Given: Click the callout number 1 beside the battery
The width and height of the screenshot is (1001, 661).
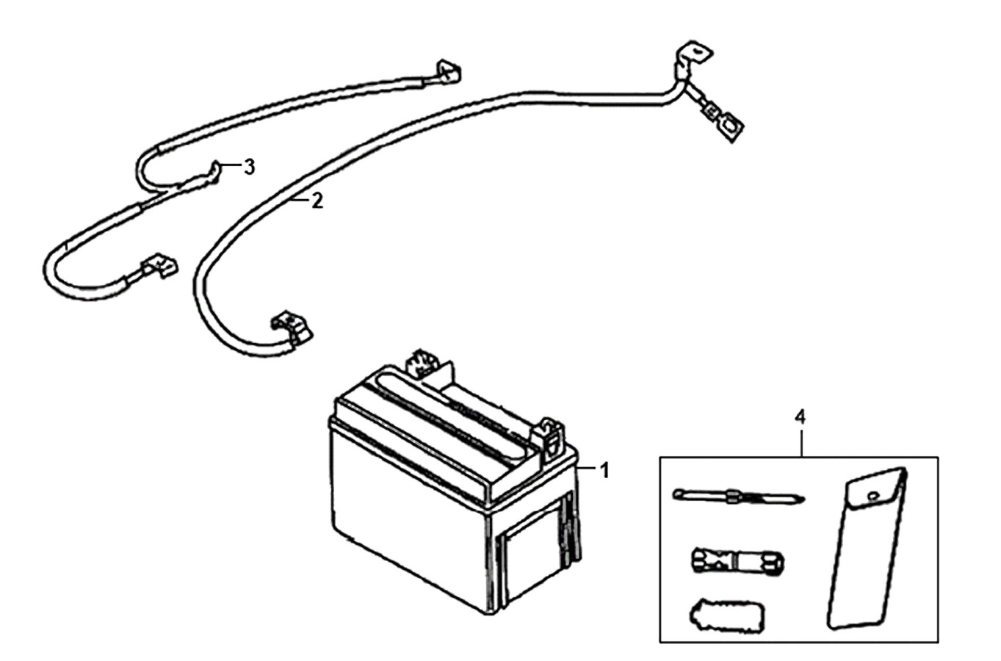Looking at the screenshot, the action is pos(604,471).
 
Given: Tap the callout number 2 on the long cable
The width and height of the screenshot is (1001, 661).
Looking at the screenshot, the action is pos(317,201).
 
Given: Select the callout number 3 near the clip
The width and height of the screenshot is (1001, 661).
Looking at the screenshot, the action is pos(250,167).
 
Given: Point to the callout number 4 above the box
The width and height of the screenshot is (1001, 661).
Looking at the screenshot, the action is pos(800,417).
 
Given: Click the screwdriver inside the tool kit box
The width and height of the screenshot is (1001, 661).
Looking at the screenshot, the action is pos(738,496).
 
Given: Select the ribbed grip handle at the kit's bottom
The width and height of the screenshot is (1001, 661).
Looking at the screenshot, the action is pos(726,615).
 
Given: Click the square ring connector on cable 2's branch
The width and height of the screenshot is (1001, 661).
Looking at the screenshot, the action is pos(730,126).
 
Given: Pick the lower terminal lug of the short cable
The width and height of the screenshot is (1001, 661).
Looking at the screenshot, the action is pos(159,266).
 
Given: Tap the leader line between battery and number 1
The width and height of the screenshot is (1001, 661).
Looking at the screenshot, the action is pos(587,468).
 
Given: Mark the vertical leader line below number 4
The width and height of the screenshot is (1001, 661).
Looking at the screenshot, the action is pos(801,443).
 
